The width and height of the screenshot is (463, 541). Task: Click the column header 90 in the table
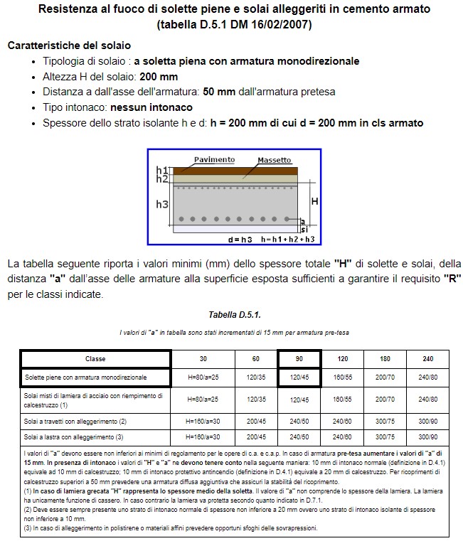298,359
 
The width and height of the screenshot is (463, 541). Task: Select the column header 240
427,359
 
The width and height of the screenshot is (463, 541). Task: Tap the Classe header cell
95,359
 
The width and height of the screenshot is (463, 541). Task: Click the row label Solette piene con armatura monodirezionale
86,377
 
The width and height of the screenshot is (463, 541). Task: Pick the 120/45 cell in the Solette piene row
298,377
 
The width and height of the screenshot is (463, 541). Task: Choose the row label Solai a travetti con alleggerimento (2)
75,421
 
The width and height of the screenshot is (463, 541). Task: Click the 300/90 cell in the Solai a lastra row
427,436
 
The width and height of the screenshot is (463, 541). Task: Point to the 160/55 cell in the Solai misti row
342,400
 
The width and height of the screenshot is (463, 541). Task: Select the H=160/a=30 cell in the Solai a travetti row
203,421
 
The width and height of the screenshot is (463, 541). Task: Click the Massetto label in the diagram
274,160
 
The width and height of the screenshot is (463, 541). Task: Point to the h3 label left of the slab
162,204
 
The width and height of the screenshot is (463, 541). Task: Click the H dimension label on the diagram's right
314,202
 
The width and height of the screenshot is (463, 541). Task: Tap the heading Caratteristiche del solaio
69,45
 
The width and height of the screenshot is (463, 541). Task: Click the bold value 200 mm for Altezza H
159,76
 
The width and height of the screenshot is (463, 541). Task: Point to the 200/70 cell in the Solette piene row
385,377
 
